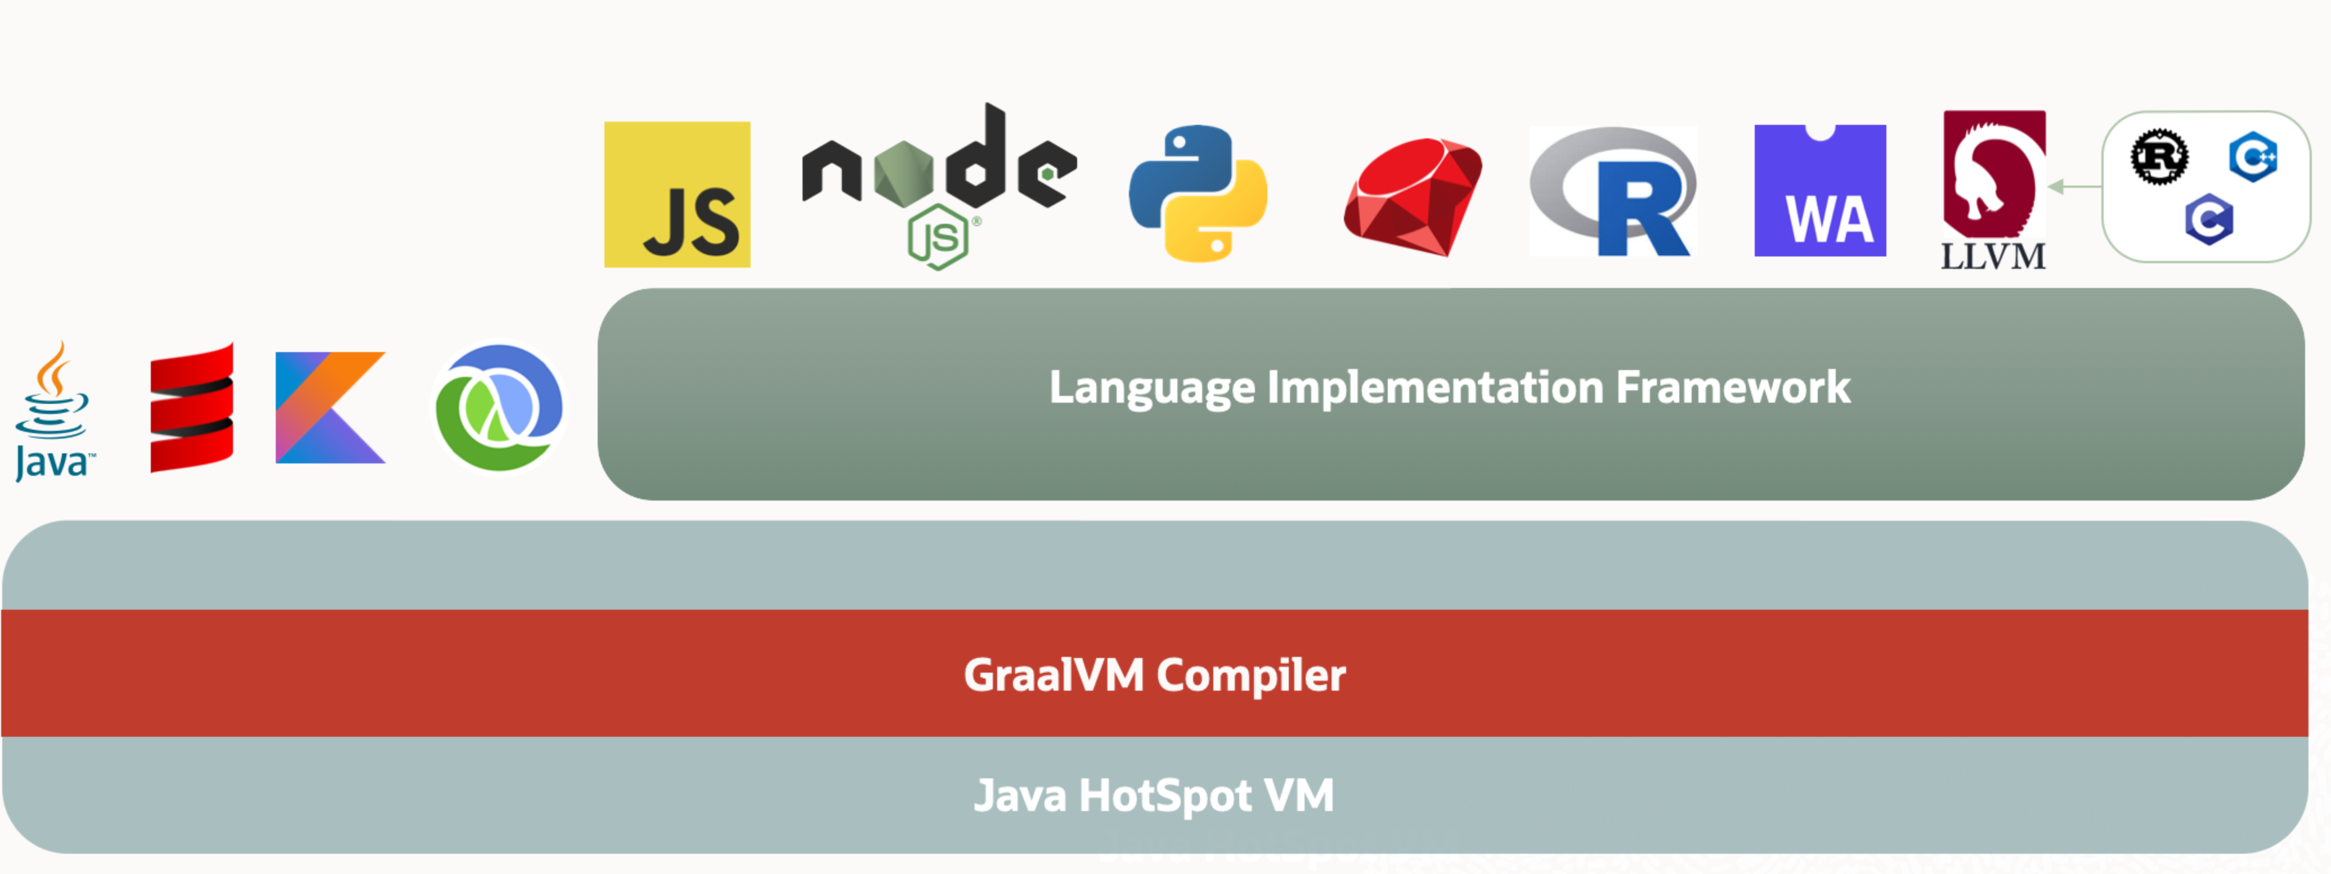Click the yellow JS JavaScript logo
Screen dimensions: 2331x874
click(x=677, y=195)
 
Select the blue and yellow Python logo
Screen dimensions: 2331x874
click(x=1198, y=193)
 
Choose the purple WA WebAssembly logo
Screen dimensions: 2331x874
click(x=1820, y=191)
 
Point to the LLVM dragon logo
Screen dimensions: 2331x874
click(x=1993, y=191)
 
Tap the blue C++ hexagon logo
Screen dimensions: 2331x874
click(x=2252, y=156)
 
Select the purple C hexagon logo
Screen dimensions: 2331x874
click(x=2209, y=219)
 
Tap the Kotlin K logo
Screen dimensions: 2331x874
click(x=330, y=407)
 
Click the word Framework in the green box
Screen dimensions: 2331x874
click(x=1733, y=388)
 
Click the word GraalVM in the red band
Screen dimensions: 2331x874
click(x=1054, y=675)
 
